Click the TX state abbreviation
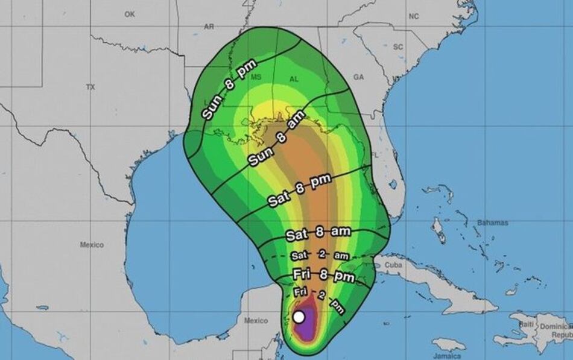90,87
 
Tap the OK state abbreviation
130,14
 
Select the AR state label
209,27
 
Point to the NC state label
413,16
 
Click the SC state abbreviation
398,46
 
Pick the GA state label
359,77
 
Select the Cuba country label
393,264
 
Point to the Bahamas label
493,223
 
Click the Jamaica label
451,356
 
